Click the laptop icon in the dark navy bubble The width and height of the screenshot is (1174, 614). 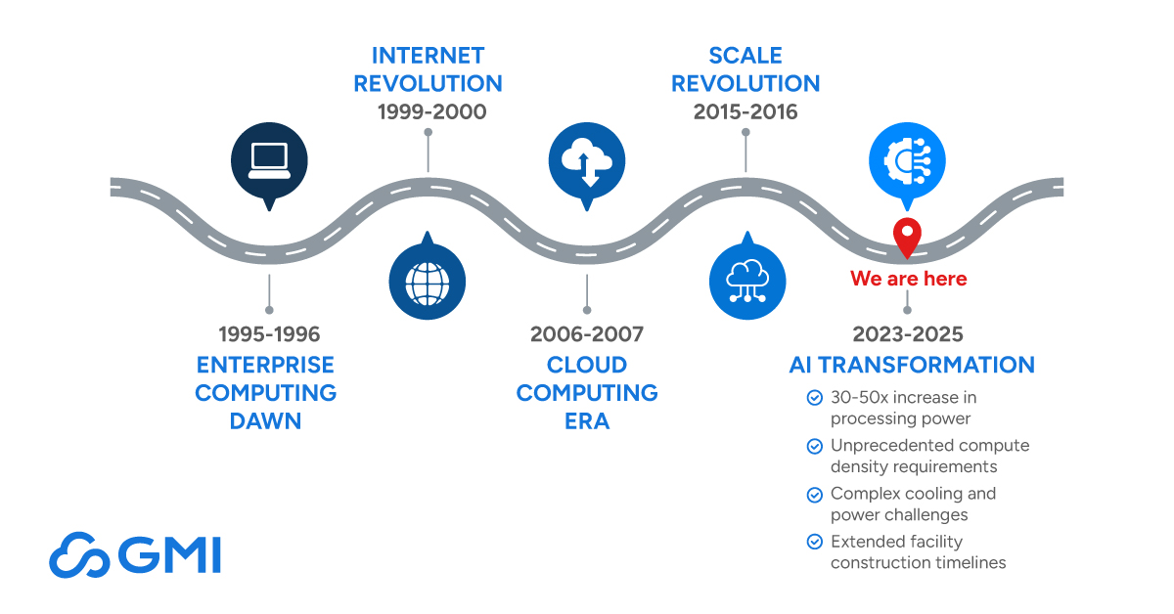(269, 161)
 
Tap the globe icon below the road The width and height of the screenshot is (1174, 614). (428, 284)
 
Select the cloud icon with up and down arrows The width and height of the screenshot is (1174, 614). (587, 161)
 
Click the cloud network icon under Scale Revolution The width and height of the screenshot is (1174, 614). (747, 281)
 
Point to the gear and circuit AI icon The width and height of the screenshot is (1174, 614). (907, 161)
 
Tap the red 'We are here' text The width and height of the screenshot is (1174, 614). (908, 279)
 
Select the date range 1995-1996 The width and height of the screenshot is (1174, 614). (269, 334)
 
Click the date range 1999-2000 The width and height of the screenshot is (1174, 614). (431, 111)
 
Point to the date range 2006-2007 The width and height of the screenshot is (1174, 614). (587, 334)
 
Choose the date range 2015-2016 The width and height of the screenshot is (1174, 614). (745, 111)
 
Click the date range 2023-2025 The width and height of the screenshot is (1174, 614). (908, 334)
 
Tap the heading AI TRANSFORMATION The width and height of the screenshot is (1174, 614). (912, 365)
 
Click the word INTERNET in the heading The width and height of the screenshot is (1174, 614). (428, 56)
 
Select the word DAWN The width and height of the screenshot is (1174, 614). (266, 421)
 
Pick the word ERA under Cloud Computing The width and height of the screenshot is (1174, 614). (587, 421)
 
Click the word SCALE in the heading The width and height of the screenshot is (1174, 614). (745, 56)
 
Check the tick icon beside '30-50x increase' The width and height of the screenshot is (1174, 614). (814, 398)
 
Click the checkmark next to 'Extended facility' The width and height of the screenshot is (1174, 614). (814, 542)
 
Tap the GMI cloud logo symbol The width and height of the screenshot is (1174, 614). (79, 555)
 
